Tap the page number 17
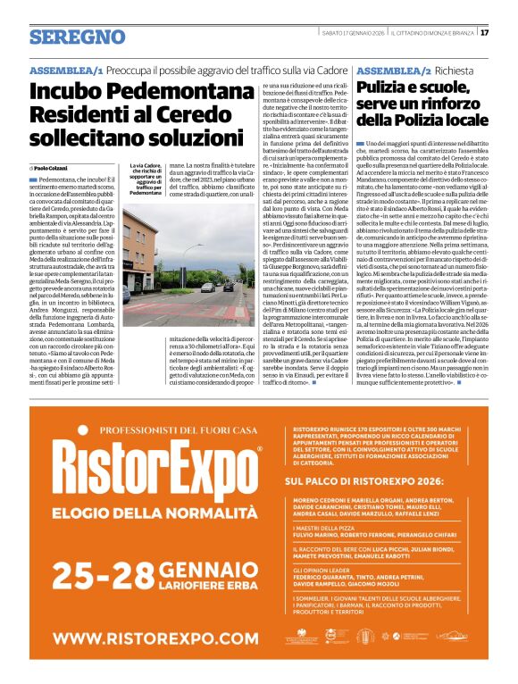click(484, 33)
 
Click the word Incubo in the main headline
click(71, 92)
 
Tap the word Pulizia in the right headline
click(385, 88)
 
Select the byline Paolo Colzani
click(51, 168)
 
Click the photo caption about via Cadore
click(145, 179)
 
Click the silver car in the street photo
click(207, 288)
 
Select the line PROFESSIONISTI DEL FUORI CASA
click(147, 430)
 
